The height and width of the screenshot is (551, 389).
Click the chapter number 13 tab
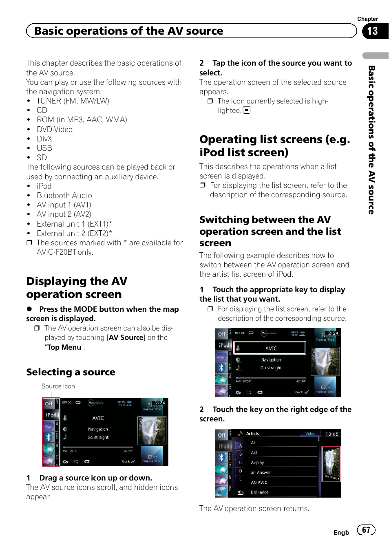click(x=373, y=31)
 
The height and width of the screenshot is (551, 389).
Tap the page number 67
click(x=366, y=530)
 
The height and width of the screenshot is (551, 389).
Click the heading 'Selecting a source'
click(x=71, y=372)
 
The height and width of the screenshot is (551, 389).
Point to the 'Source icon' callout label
click(x=58, y=386)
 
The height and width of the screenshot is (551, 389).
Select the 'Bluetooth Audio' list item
click(x=64, y=196)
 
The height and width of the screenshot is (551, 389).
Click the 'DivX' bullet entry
click(x=44, y=139)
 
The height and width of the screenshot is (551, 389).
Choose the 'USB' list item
click(x=44, y=148)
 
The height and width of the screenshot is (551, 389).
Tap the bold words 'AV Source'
click(x=126, y=337)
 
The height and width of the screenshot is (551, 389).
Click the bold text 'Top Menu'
click(x=64, y=347)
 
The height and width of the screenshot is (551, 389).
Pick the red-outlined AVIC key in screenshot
click(x=270, y=348)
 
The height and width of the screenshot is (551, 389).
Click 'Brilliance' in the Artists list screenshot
click(x=260, y=492)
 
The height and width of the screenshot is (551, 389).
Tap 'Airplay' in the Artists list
click(x=257, y=463)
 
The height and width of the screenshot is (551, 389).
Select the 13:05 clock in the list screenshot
click(x=332, y=434)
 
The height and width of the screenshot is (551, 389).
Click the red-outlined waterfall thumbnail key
click(x=331, y=464)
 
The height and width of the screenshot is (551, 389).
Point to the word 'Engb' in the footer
click(x=341, y=533)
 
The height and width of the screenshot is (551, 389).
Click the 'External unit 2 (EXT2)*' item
click(x=74, y=234)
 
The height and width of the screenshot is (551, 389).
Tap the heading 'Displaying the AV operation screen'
click(x=77, y=288)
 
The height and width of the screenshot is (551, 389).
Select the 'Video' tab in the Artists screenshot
click(x=310, y=434)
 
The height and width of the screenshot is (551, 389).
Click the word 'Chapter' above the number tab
click(x=367, y=19)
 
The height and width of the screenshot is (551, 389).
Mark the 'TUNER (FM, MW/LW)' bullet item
click(x=73, y=101)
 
